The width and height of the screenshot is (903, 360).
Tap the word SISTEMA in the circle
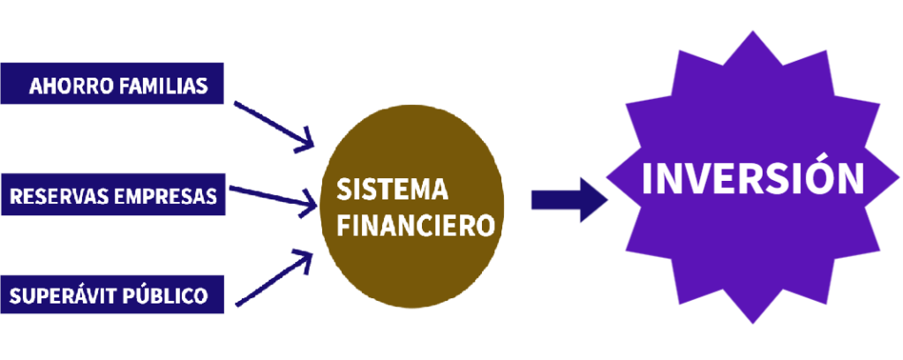tap(392, 189)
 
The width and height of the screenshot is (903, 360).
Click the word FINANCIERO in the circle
tap(416, 226)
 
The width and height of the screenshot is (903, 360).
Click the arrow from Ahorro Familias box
tap(275, 127)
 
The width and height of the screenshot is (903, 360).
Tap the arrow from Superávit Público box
tap(275, 278)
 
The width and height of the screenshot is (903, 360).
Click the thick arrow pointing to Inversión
tap(569, 200)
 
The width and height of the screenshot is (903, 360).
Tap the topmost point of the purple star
tap(752, 31)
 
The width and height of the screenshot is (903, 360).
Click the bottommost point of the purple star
tap(753, 324)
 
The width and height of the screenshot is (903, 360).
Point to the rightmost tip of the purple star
tap(899, 178)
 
